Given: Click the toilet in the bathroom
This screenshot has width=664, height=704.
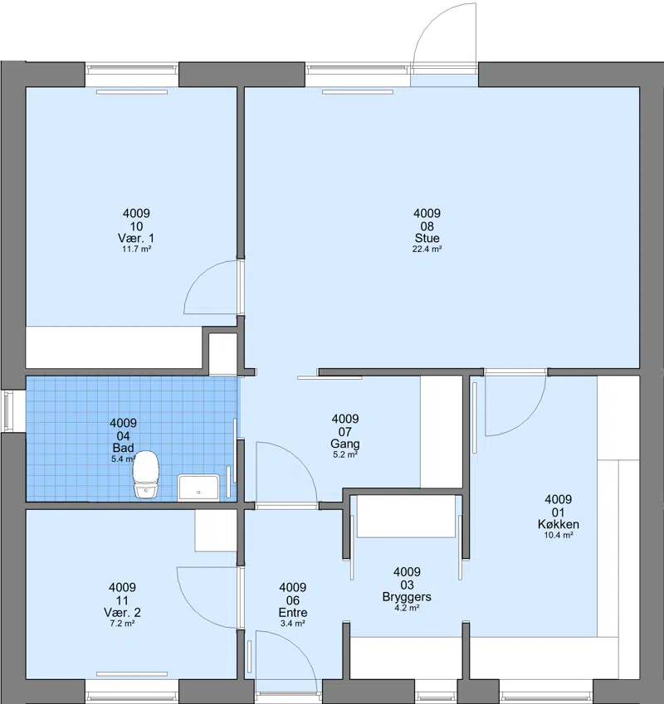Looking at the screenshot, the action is pyautogui.click(x=146, y=474).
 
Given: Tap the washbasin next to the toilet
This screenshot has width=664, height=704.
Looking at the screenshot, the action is pyautogui.click(x=198, y=488).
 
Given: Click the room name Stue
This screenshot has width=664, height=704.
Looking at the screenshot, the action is pyautogui.click(x=427, y=238).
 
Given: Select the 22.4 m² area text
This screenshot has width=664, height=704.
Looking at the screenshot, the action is pyautogui.click(x=427, y=250).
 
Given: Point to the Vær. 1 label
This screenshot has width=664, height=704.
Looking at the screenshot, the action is pyautogui.click(x=136, y=238).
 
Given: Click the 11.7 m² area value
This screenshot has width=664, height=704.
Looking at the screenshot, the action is pyautogui.click(x=137, y=250).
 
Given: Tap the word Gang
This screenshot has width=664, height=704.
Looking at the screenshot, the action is pyautogui.click(x=345, y=444).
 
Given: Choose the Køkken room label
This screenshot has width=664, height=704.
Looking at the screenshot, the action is pyautogui.click(x=559, y=524).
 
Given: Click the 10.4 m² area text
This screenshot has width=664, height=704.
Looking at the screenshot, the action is pyautogui.click(x=559, y=535).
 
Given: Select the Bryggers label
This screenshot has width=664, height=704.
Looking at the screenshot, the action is pyautogui.click(x=407, y=597).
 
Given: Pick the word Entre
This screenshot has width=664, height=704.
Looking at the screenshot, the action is pyautogui.click(x=293, y=613).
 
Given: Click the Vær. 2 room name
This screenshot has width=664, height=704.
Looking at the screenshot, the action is pyautogui.click(x=122, y=613).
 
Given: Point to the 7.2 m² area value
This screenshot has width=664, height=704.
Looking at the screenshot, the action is pyautogui.click(x=122, y=624).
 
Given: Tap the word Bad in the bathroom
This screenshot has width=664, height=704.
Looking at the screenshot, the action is pyautogui.click(x=123, y=448).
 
